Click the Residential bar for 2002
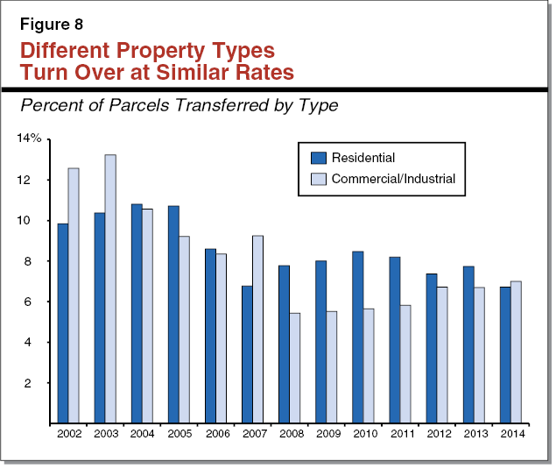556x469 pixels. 63,323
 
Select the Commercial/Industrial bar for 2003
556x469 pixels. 110,289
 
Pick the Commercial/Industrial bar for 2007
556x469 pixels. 257,330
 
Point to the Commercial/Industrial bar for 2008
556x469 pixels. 294,368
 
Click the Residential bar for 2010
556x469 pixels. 357,338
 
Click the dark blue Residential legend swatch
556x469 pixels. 319,158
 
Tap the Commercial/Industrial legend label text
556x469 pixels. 393,179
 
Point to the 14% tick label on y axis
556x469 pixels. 29,139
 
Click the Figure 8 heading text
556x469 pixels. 51,25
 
